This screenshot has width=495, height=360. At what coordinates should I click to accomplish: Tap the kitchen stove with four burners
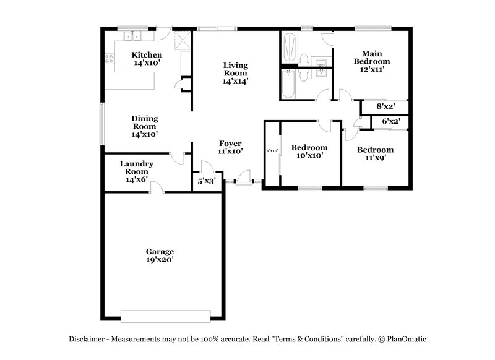click(110, 59)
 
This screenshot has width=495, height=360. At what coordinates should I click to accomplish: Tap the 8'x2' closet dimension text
click(385, 106)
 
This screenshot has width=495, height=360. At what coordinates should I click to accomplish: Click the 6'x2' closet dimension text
click(390, 121)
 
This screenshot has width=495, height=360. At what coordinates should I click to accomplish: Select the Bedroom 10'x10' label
click(309, 152)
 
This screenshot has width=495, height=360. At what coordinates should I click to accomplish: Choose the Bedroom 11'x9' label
click(376, 153)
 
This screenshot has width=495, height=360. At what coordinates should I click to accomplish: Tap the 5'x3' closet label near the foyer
click(206, 181)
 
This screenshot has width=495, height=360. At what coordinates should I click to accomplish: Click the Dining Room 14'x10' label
click(144, 126)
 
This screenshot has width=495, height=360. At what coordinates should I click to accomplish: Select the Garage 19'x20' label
click(160, 255)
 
